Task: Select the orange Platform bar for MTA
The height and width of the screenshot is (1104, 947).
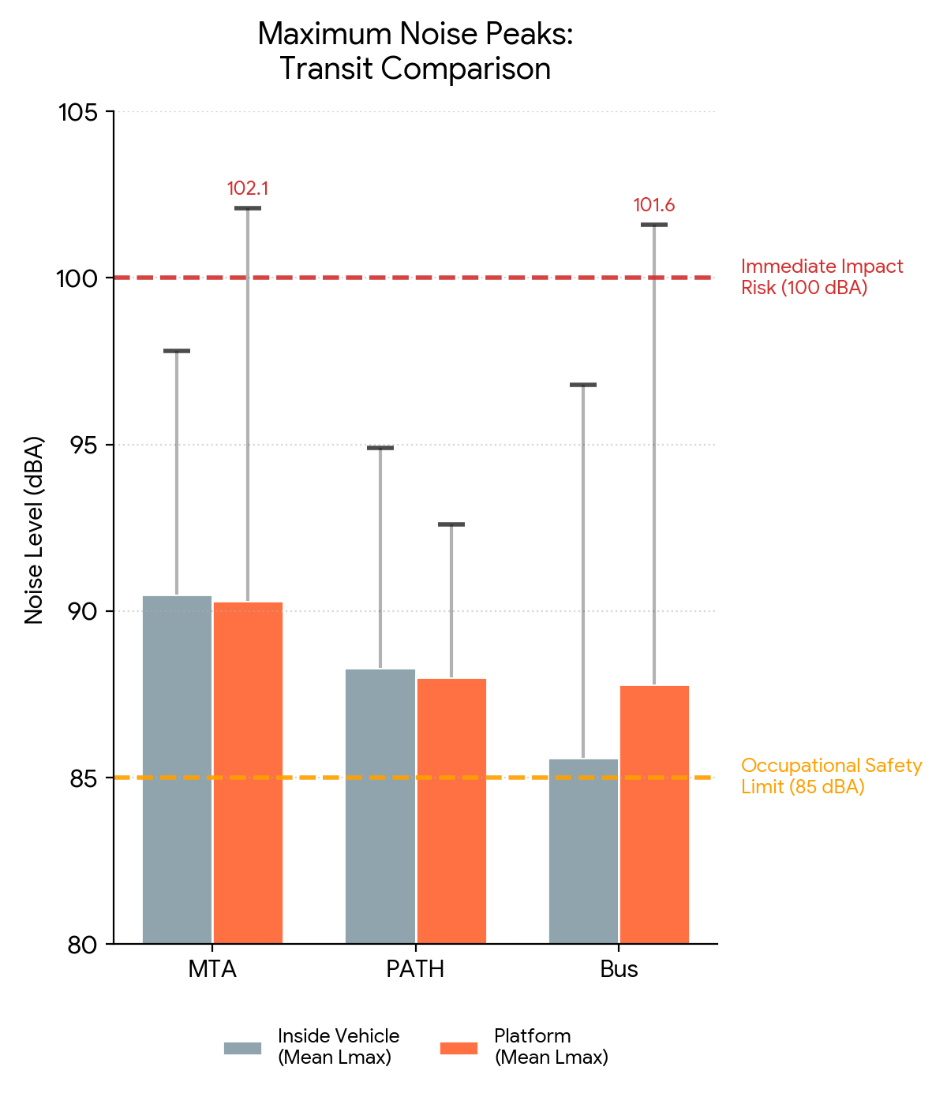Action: (248, 773)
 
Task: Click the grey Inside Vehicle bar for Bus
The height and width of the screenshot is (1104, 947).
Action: (583, 851)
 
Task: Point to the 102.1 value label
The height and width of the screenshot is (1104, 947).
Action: (248, 188)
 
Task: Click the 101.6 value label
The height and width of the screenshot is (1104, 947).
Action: (654, 205)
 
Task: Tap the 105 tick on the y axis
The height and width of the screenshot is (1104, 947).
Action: (78, 112)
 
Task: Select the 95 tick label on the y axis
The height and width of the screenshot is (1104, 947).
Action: (78, 446)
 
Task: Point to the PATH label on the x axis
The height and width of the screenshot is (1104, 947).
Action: (415, 969)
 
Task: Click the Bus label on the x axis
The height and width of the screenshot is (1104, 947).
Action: (619, 969)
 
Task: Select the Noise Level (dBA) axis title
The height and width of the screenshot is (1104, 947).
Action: (33, 529)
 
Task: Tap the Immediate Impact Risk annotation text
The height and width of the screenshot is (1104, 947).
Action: (821, 277)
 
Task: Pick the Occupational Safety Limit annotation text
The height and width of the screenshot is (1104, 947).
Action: (831, 776)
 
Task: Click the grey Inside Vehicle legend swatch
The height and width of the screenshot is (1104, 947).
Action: (242, 1048)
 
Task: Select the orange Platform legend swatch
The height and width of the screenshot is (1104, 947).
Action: (459, 1048)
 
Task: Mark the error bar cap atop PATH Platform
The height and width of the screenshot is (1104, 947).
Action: (451, 524)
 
